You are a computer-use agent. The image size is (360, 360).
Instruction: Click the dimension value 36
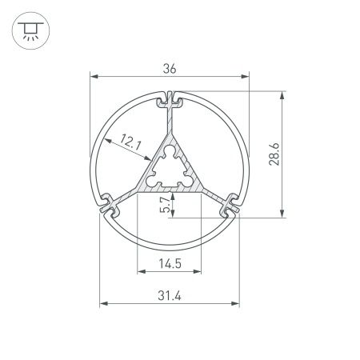point(169,69)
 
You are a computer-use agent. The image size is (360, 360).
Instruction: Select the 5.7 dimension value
point(165,205)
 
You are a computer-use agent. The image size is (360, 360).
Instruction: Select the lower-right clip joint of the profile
point(230,205)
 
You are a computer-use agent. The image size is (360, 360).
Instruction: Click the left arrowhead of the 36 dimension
point(92,78)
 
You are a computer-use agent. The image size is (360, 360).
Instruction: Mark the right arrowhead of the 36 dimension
point(246,78)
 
